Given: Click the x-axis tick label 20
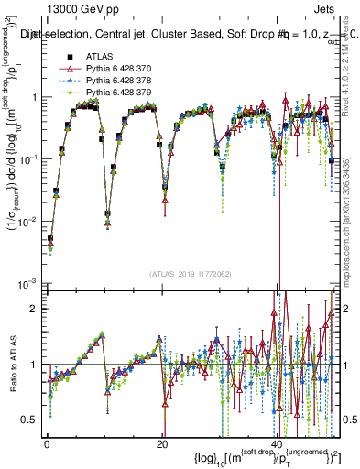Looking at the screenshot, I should point(162,443).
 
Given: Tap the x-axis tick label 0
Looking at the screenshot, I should point(46,443).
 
